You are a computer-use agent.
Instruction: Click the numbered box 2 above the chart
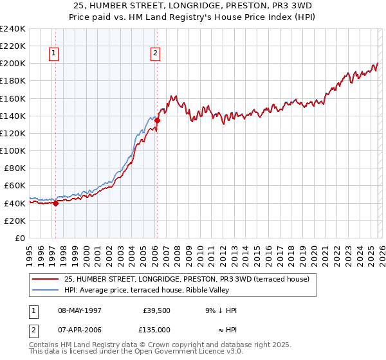[x=156, y=54]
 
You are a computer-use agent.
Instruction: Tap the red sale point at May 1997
[x=55, y=204]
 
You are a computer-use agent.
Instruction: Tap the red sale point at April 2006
[x=157, y=120]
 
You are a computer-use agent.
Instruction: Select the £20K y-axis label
[x=14, y=221]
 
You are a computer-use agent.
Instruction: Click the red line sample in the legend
[x=46, y=279]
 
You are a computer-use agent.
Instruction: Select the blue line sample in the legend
[x=46, y=289]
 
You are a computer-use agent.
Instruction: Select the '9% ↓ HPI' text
[x=221, y=310]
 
